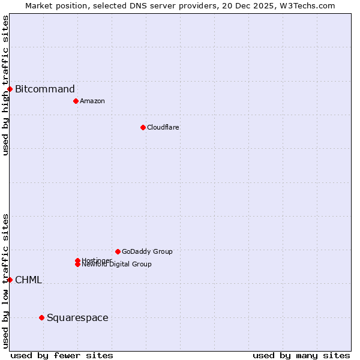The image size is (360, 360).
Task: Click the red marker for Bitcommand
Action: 10,89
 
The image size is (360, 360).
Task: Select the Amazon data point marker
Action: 76,101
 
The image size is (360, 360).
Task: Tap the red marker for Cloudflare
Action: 143,127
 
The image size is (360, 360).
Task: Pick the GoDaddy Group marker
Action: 118,251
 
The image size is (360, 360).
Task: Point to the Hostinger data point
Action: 77,260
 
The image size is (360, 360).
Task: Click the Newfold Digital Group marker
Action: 77,265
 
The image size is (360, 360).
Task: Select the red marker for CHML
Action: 10,280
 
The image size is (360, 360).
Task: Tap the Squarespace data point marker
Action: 41,317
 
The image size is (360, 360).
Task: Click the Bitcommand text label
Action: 45,89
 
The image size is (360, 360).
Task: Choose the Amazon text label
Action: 92,101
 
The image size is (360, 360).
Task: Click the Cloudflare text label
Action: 163,127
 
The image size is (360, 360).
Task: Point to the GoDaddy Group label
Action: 147,251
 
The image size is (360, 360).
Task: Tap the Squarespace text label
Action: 77,317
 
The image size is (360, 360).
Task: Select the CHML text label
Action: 28,280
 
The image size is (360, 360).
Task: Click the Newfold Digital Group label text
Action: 117,265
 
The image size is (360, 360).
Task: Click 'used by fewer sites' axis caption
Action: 62,355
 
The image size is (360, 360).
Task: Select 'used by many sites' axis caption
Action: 301,355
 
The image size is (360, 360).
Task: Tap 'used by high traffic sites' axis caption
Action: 5,85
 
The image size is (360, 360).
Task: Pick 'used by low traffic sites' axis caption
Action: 5,281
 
